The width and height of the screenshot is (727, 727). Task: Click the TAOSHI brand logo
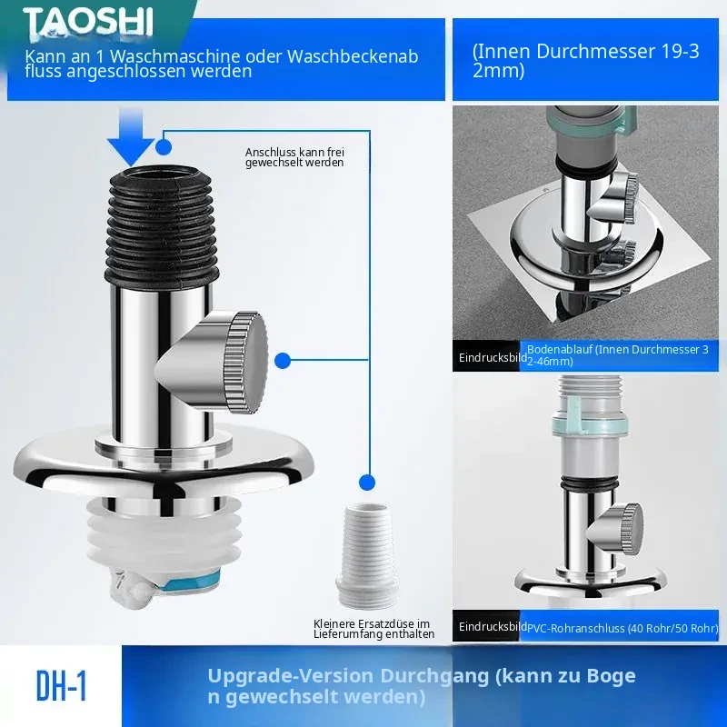pyautogui.click(x=88, y=21)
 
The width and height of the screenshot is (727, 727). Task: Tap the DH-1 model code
pyautogui.click(x=61, y=686)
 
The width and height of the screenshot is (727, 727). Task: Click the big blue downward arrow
pyautogui.click(x=131, y=137)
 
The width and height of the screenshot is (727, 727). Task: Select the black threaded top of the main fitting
pyautogui.click(x=162, y=224)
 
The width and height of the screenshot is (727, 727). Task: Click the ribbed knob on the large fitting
pyautogui.click(x=244, y=362)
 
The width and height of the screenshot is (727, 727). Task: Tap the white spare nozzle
pyautogui.click(x=367, y=555)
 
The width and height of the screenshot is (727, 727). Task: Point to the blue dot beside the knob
pyautogui.click(x=283, y=360)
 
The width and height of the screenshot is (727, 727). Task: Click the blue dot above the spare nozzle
pyautogui.click(x=367, y=483)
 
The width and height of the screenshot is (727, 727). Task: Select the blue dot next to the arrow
pyautogui.click(x=164, y=147)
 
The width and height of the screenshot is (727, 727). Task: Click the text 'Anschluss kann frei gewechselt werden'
pyautogui.click(x=294, y=157)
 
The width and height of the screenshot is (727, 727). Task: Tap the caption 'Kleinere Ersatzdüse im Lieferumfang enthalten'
pyautogui.click(x=373, y=629)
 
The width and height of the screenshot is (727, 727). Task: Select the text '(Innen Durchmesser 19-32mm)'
pyautogui.click(x=585, y=61)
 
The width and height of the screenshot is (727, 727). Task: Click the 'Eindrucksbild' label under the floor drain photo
pyautogui.click(x=493, y=357)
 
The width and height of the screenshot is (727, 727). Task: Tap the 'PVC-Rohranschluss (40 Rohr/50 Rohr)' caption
pyautogui.click(x=622, y=628)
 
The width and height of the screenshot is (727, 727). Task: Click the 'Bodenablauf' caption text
pyautogui.click(x=560, y=350)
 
